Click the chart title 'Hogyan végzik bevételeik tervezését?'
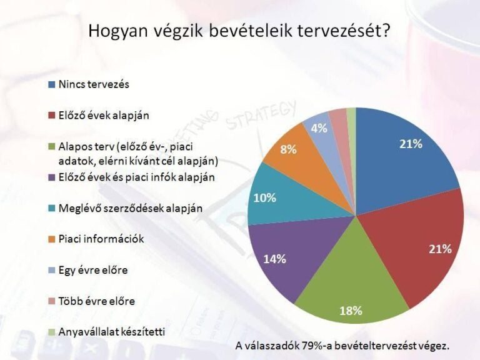click(x=239, y=31)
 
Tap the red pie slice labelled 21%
click(x=422, y=245)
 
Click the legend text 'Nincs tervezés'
click(x=94, y=84)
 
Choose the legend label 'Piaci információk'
click(x=101, y=239)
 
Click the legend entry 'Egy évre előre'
click(x=93, y=270)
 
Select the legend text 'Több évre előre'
click(x=97, y=301)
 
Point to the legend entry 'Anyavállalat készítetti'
click(x=112, y=332)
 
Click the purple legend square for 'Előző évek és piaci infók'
click(x=52, y=177)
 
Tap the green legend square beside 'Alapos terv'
click(x=52, y=146)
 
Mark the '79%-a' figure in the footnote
click(x=316, y=346)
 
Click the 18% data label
click(x=351, y=311)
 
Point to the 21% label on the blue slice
click(x=411, y=144)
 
